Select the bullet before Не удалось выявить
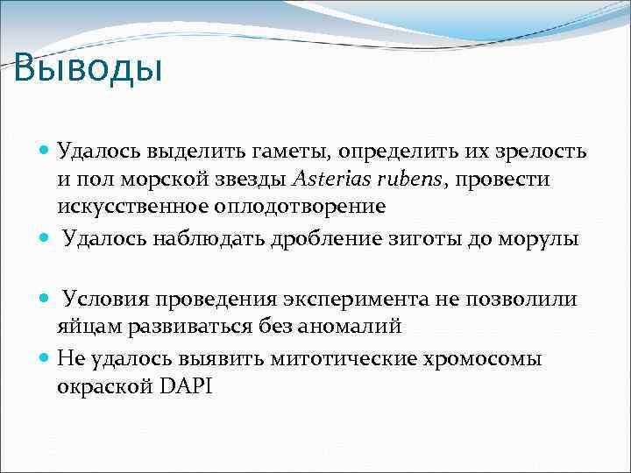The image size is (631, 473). [45, 358]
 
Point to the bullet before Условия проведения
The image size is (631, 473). [45, 299]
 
